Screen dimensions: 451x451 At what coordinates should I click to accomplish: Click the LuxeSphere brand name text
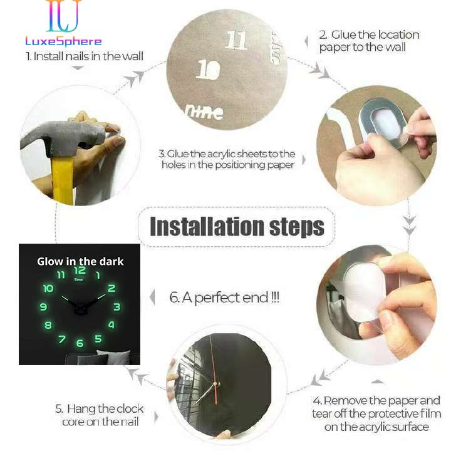[x=63, y=41]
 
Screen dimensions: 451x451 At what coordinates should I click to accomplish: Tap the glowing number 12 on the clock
[x=80, y=271]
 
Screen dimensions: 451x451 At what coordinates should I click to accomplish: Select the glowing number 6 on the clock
[x=80, y=343]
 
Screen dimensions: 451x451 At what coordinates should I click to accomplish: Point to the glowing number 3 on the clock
[x=117, y=307]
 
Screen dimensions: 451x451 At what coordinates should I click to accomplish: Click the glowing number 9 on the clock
[x=43, y=307]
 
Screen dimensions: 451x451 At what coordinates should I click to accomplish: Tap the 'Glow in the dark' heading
[x=80, y=261]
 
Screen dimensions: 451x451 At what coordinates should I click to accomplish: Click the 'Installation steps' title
[x=237, y=226]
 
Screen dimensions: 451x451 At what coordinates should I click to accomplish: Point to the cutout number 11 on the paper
[x=236, y=41]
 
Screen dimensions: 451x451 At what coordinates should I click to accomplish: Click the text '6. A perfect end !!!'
[x=224, y=298]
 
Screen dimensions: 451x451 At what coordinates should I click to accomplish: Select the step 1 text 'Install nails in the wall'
[x=84, y=56]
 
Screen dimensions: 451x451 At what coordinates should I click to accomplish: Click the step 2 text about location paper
[x=370, y=41]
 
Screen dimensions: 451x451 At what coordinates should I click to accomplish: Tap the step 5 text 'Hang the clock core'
[x=99, y=415]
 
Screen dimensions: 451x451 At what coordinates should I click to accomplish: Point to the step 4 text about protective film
[x=376, y=413]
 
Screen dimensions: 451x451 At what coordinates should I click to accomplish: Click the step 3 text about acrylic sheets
[x=227, y=159]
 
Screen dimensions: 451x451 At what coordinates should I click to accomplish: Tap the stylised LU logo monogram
[x=63, y=17]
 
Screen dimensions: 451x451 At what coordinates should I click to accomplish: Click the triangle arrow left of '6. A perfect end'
[x=152, y=298]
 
